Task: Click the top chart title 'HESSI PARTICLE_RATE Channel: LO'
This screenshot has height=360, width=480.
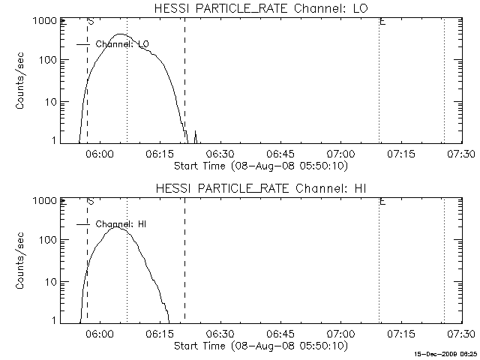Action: click(261, 8)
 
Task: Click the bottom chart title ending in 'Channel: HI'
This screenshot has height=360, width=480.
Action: click(261, 188)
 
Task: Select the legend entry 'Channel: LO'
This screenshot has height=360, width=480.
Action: click(122, 44)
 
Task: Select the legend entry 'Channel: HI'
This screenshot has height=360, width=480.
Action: click(121, 224)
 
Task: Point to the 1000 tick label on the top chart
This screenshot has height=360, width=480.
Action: click(45, 21)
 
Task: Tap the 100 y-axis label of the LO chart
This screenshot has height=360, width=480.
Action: click(48, 60)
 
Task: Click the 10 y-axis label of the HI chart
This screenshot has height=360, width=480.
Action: click(51, 282)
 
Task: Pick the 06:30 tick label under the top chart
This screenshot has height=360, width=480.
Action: click(220, 154)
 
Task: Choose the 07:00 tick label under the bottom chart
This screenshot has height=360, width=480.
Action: click(341, 333)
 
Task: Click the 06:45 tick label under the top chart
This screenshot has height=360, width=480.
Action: click(280, 154)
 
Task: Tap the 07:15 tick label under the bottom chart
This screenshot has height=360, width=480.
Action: click(401, 333)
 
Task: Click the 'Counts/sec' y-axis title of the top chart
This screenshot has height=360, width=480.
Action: click(20, 81)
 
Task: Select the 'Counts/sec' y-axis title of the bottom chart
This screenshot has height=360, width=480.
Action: click(20, 260)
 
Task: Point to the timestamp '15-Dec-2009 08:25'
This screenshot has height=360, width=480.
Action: click(445, 354)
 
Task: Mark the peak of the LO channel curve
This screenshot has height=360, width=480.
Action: click(120, 34)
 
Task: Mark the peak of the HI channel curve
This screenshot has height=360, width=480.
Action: click(116, 226)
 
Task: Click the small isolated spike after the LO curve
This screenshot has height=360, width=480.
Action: click(195, 136)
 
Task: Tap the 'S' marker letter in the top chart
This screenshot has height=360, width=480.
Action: click(91, 22)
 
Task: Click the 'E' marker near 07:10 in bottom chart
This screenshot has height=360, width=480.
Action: click(382, 202)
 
